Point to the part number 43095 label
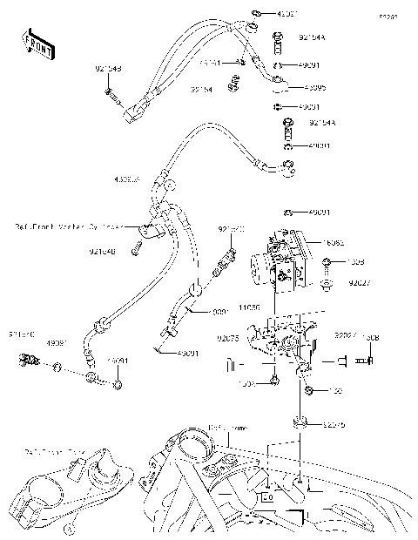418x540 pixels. pyautogui.click(x=315, y=88)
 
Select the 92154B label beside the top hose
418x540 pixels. pyautogui.click(x=109, y=68)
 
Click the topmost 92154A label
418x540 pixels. pyautogui.click(x=312, y=38)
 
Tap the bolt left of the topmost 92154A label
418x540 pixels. pyautogui.click(x=278, y=37)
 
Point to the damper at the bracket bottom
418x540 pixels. pyautogui.click(x=301, y=424)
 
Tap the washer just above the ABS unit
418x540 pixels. pyautogui.click(x=287, y=213)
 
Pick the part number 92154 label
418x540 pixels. pyautogui.click(x=203, y=89)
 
